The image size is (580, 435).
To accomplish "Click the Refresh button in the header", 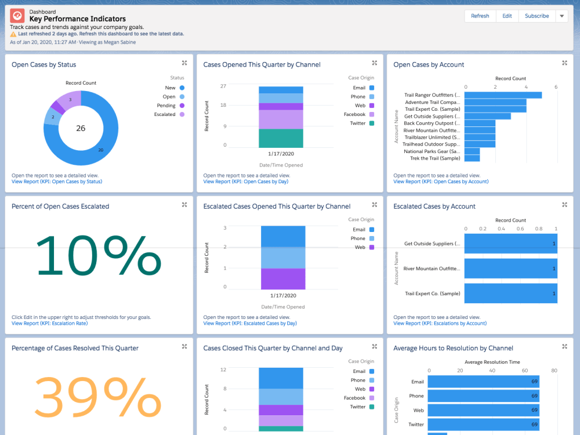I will [x=480, y=16].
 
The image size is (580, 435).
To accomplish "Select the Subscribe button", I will [x=536, y=16].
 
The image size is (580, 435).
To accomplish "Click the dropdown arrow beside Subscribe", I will [x=561, y=16].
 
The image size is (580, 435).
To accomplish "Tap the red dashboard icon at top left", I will [x=18, y=16].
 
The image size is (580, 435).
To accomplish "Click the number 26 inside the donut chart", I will [x=81, y=128].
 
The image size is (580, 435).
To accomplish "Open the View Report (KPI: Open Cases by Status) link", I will [x=57, y=182].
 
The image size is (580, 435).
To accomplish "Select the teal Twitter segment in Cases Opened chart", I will [x=281, y=138].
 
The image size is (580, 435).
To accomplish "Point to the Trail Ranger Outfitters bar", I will [x=503, y=95].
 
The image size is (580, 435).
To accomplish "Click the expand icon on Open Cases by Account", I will [x=564, y=63].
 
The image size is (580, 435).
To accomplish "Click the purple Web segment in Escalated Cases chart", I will [x=282, y=278].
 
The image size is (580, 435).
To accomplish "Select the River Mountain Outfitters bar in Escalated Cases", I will [x=510, y=269].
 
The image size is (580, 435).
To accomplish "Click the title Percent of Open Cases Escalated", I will [x=60, y=206].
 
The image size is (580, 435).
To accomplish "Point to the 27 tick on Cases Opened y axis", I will [x=223, y=86].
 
